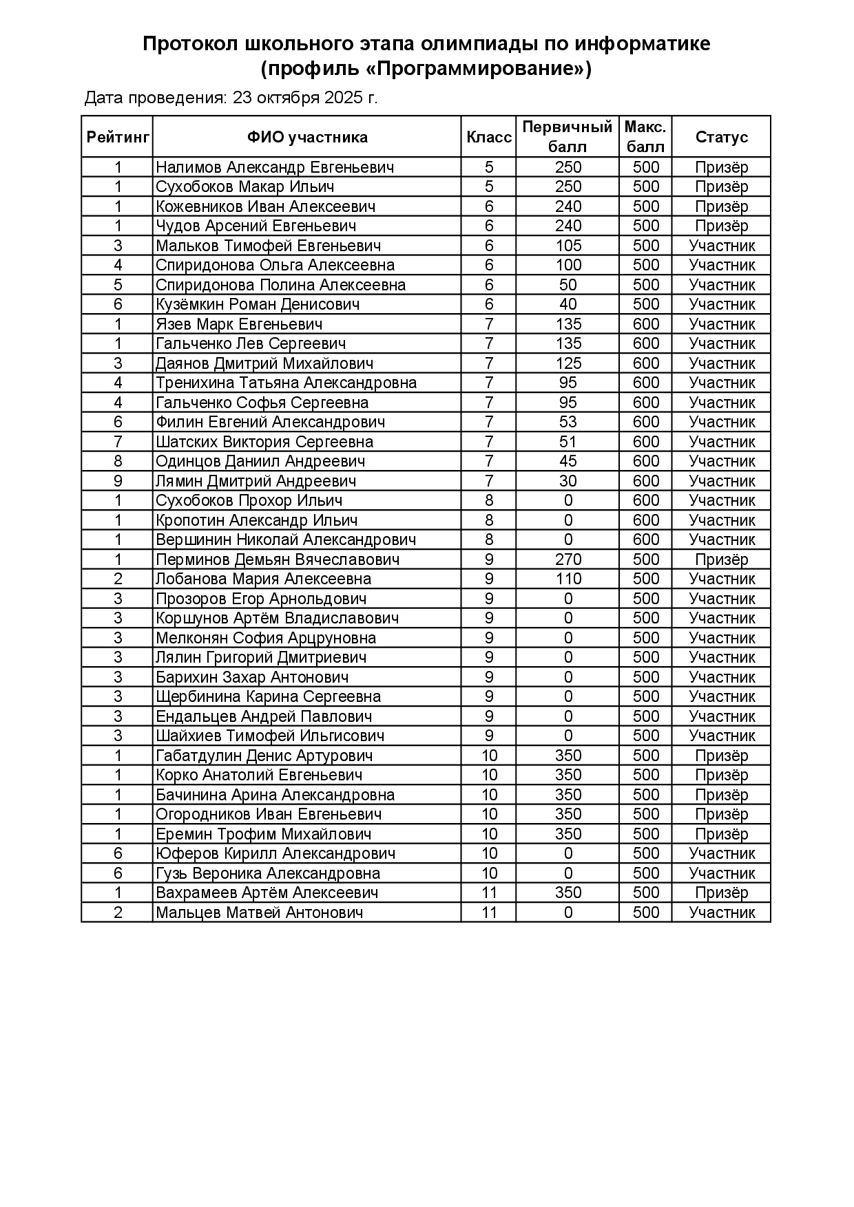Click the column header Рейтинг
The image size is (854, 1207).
118,137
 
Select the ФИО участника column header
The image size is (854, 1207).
307,137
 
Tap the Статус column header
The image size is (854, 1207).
721,137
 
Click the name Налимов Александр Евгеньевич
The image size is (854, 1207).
275,167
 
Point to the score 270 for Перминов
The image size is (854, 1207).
567,559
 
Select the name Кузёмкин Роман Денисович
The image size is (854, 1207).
258,304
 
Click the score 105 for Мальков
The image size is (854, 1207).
567,246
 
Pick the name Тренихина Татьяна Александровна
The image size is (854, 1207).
286,383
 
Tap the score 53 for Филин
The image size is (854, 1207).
567,422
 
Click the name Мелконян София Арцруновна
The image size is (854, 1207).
266,638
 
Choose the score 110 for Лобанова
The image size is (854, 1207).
567,579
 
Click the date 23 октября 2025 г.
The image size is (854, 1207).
305,98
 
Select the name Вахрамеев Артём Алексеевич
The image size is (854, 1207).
267,893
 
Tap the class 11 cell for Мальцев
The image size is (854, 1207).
489,912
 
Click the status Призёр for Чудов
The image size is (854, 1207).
721,226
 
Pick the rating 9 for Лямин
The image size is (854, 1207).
118,481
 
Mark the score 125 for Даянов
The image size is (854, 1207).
567,363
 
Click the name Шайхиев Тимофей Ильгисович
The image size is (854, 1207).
270,736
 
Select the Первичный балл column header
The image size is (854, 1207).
567,137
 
